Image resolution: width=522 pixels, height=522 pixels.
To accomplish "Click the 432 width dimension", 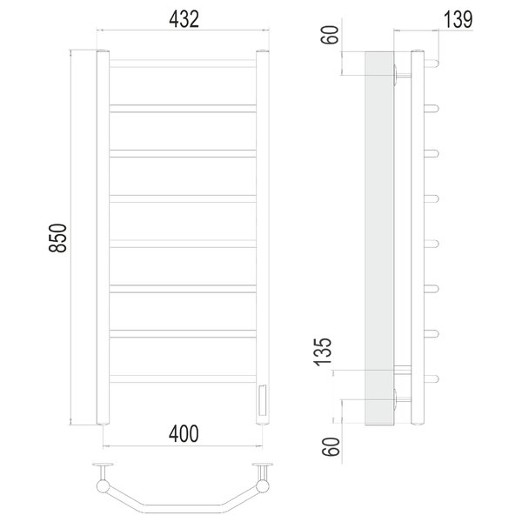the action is click(x=184, y=19).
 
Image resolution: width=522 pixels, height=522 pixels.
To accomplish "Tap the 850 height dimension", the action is click(x=57, y=238).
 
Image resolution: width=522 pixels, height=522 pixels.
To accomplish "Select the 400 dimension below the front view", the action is click(x=184, y=433).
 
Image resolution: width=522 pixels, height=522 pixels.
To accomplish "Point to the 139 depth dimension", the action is click(x=458, y=20).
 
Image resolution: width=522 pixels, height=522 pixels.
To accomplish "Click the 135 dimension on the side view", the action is click(x=323, y=351).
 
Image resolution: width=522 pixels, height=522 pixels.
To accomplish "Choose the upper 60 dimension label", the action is click(x=330, y=35).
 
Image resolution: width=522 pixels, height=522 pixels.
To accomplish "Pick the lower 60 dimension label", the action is click(x=331, y=446).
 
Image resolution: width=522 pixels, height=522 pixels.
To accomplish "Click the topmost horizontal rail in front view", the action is click(x=183, y=64).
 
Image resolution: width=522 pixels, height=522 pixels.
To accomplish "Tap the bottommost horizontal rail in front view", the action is click(x=183, y=378).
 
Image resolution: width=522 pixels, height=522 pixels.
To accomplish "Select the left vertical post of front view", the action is click(x=103, y=238).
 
